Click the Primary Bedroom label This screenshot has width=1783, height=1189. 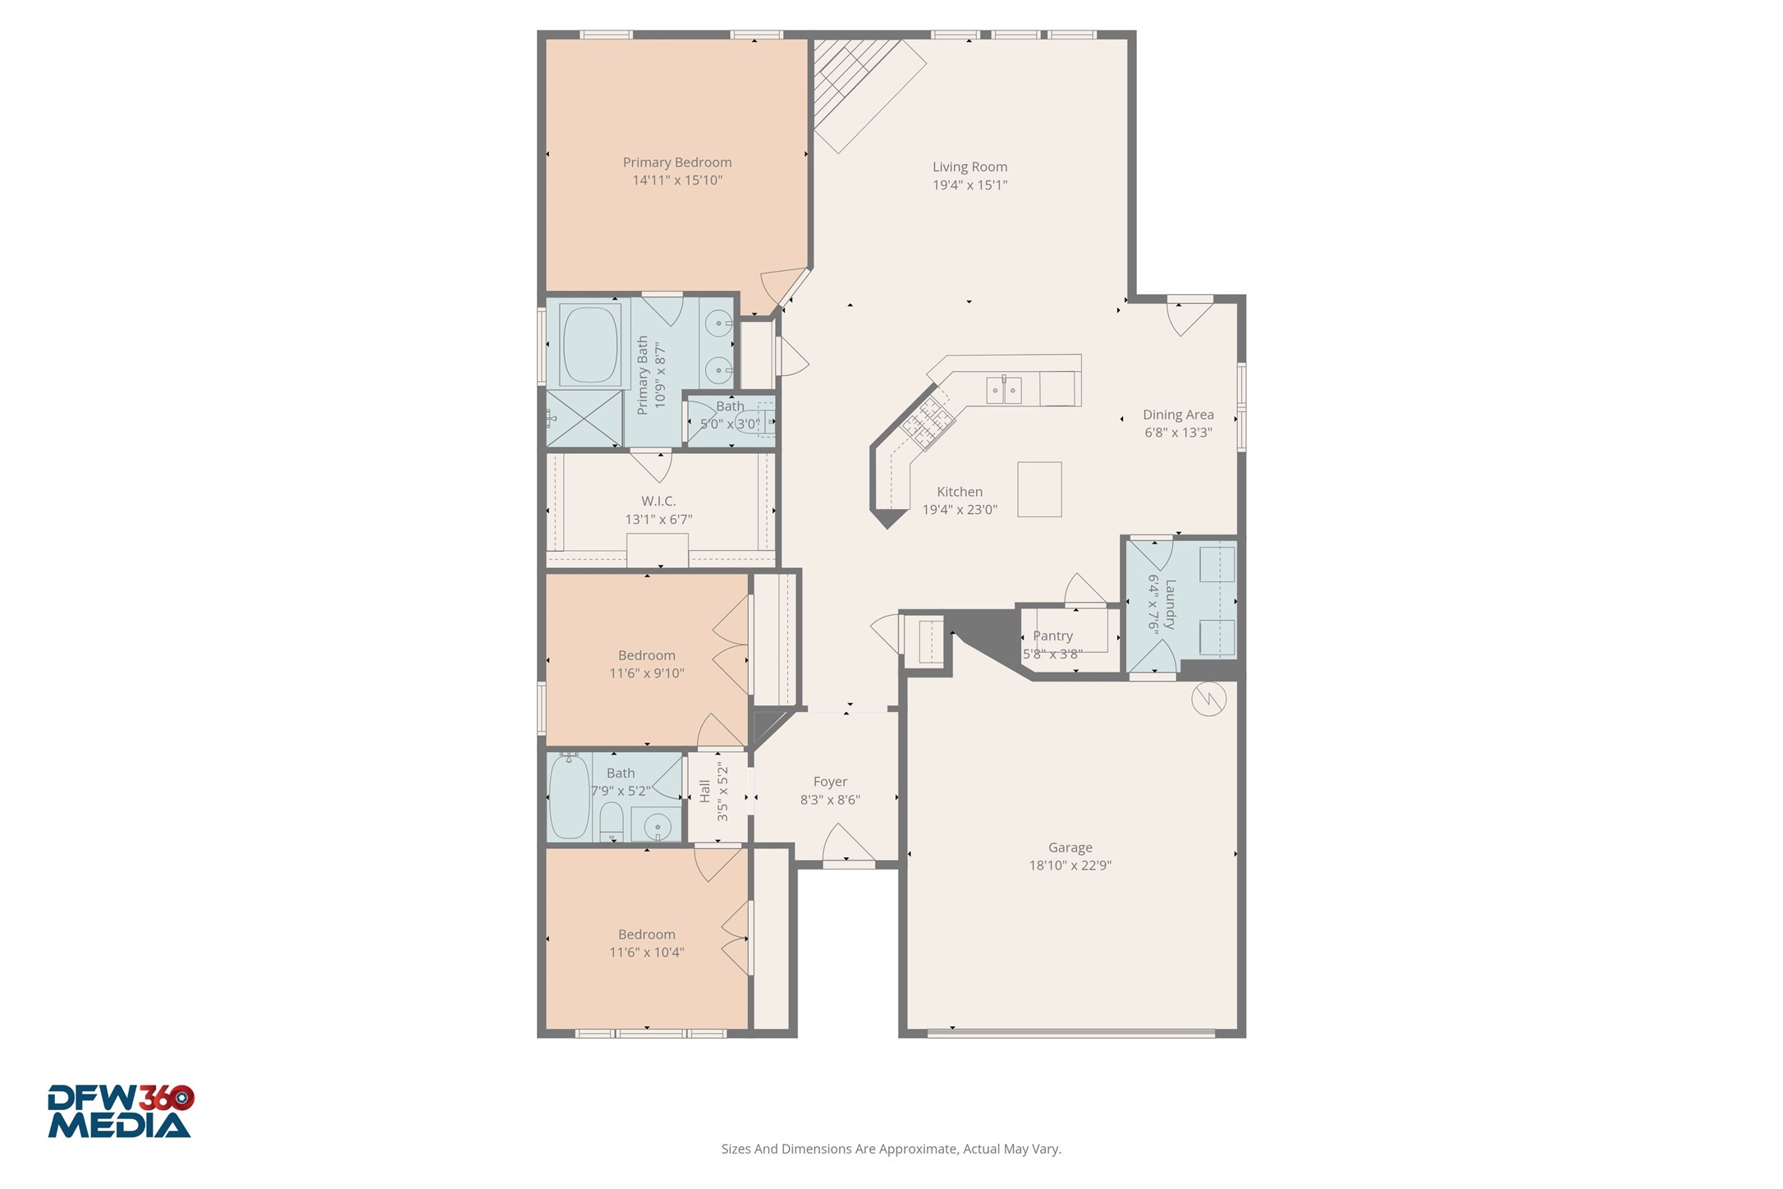[676, 163]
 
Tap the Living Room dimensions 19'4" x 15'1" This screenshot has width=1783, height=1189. [969, 186]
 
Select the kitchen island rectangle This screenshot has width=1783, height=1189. [1039, 489]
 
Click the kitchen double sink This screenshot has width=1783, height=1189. [1003, 390]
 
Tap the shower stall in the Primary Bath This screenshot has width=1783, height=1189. [584, 419]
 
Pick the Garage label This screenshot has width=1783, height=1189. [1070, 847]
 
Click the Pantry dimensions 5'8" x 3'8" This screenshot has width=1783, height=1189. [1052, 654]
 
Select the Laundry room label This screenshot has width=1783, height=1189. [1170, 604]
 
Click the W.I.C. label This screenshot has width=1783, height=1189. [658, 501]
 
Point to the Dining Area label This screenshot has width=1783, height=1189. [1178, 415]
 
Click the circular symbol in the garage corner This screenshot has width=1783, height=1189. [1208, 699]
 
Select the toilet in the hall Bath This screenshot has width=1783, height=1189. [612, 821]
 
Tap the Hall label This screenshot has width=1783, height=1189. [705, 792]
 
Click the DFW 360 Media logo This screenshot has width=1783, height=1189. [120, 1112]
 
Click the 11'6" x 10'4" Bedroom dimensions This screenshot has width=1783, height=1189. [646, 953]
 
